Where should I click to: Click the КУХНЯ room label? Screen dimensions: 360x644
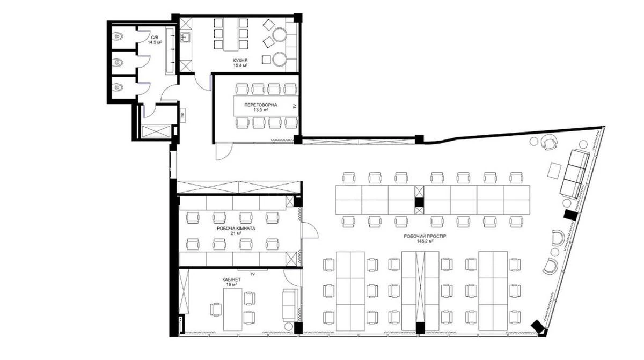point(240,60)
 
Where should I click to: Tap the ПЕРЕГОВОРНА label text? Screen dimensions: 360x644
point(260,105)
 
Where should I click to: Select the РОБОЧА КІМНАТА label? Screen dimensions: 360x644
point(236,228)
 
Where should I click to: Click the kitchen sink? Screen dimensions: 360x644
point(186,38)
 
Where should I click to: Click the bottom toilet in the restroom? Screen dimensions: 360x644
point(118,87)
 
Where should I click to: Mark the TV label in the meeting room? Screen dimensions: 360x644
point(294,106)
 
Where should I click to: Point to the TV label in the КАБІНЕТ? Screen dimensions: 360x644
point(251,274)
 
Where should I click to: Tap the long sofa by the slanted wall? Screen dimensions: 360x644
point(574,173)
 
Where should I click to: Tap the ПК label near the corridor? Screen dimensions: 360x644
point(183,114)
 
